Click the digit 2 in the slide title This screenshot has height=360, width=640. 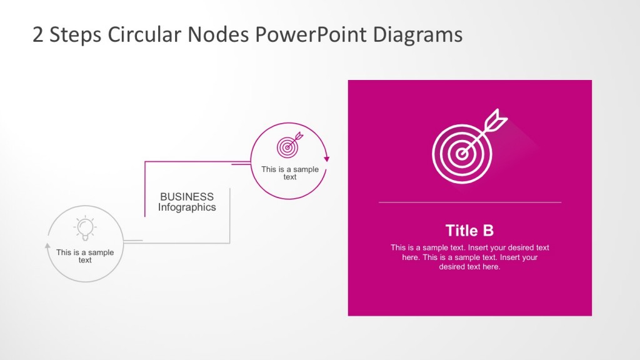tap(37, 35)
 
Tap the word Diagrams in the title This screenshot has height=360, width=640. tap(417, 36)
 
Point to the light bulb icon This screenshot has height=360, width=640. tap(85, 227)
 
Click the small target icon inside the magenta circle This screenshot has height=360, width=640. tap(290, 144)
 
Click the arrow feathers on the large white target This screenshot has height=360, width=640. tap(496, 120)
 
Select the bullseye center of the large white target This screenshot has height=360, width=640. tap(462, 154)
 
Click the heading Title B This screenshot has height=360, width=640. tap(469, 231)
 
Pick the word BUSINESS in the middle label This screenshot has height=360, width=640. tap(187, 197)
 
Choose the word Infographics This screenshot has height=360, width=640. tap(187, 207)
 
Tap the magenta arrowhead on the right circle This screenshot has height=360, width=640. tap(326, 159)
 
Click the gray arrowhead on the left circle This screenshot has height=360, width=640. tap(47, 246)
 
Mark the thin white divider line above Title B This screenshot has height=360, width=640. tap(470, 202)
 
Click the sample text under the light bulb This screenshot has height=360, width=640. tap(85, 256)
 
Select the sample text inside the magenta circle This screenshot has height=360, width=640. tap(290, 172)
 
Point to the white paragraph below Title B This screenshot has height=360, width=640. tap(470, 257)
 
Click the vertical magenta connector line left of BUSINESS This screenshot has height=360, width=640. tap(145, 189)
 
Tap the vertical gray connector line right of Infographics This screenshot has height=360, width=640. tap(230, 216)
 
